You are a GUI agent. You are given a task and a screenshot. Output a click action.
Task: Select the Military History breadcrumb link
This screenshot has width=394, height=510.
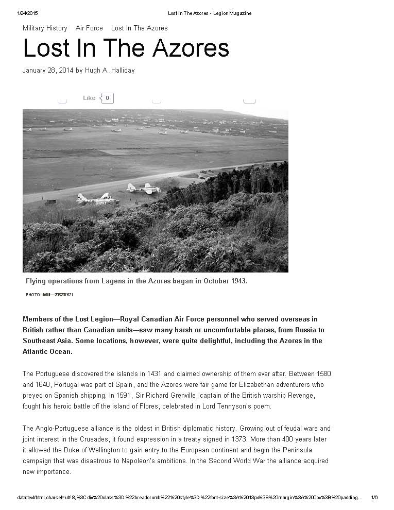(45, 28)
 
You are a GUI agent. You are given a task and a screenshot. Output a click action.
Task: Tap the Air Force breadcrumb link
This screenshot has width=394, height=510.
(89, 28)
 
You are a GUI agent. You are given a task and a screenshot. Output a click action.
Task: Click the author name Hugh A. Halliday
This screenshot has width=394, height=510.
(110, 71)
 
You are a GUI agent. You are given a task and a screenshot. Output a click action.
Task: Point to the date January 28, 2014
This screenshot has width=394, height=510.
(48, 71)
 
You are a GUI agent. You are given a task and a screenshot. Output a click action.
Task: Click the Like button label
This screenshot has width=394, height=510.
(89, 98)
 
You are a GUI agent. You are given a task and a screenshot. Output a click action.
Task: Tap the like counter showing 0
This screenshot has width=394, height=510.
(107, 98)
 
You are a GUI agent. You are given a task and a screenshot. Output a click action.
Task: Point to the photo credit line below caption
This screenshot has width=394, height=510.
(49, 295)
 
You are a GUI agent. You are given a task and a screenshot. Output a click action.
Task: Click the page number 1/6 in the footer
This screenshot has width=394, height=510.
(374, 498)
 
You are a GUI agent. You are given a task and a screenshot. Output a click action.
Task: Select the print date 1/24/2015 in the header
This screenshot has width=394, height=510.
(28, 13)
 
